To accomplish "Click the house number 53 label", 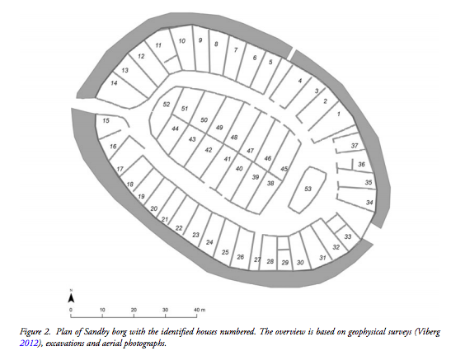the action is point(308,189).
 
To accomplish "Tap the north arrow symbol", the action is point(71,297).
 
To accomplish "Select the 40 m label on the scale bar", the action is point(200,310).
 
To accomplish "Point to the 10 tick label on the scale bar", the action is point(102,310).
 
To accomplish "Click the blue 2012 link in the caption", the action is point(29,343).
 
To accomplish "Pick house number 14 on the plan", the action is point(114,83).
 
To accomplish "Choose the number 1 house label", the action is point(339,114).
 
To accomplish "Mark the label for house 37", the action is point(355,146).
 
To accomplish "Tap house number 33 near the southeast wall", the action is point(348,236).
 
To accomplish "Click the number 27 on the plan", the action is point(257,259).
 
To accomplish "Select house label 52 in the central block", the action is point(167,105).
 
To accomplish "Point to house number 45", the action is point(284,169).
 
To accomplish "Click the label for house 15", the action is point(106,120).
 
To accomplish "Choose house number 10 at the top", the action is point(181,41).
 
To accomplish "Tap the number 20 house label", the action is point(154,208).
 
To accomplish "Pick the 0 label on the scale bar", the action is point(71,310).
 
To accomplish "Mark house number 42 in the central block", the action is point(209,150).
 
